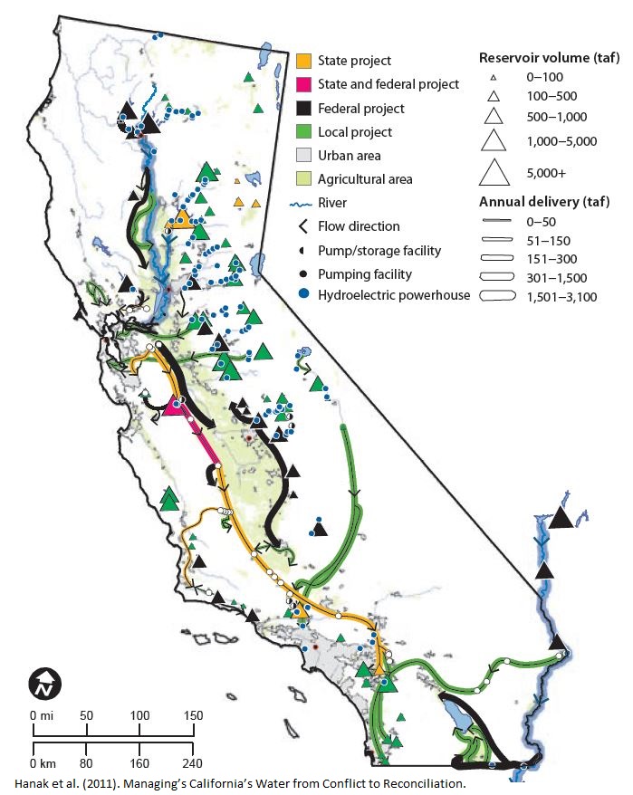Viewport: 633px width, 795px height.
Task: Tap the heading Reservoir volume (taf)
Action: pyautogui.click(x=549, y=58)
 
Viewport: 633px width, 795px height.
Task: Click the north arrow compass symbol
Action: pyautogui.click(x=43, y=685)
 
